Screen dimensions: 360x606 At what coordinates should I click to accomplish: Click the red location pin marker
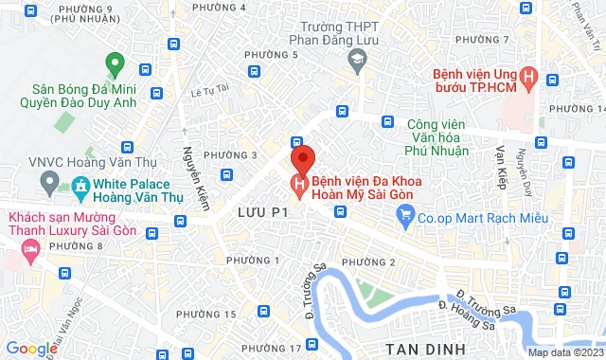coord(301,156)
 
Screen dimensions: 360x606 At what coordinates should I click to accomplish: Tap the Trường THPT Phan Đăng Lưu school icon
coord(356,64)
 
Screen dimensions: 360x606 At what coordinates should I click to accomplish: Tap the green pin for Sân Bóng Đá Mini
coord(115,66)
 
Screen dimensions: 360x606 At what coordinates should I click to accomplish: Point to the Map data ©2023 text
coord(563,352)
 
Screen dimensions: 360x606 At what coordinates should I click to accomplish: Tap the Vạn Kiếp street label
coord(501,166)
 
